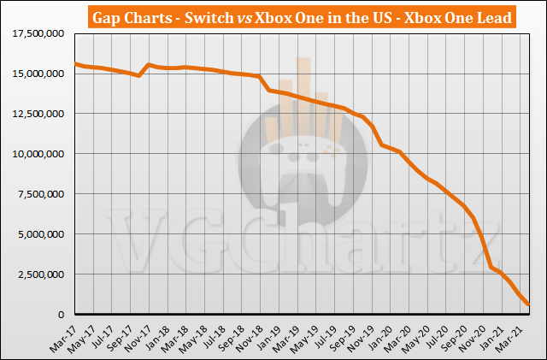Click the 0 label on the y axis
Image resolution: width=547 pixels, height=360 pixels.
[65, 315]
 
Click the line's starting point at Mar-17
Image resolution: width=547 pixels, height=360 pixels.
[75, 64]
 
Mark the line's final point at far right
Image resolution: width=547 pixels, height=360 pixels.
[527, 304]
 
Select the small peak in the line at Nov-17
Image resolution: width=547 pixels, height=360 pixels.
[150, 65]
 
